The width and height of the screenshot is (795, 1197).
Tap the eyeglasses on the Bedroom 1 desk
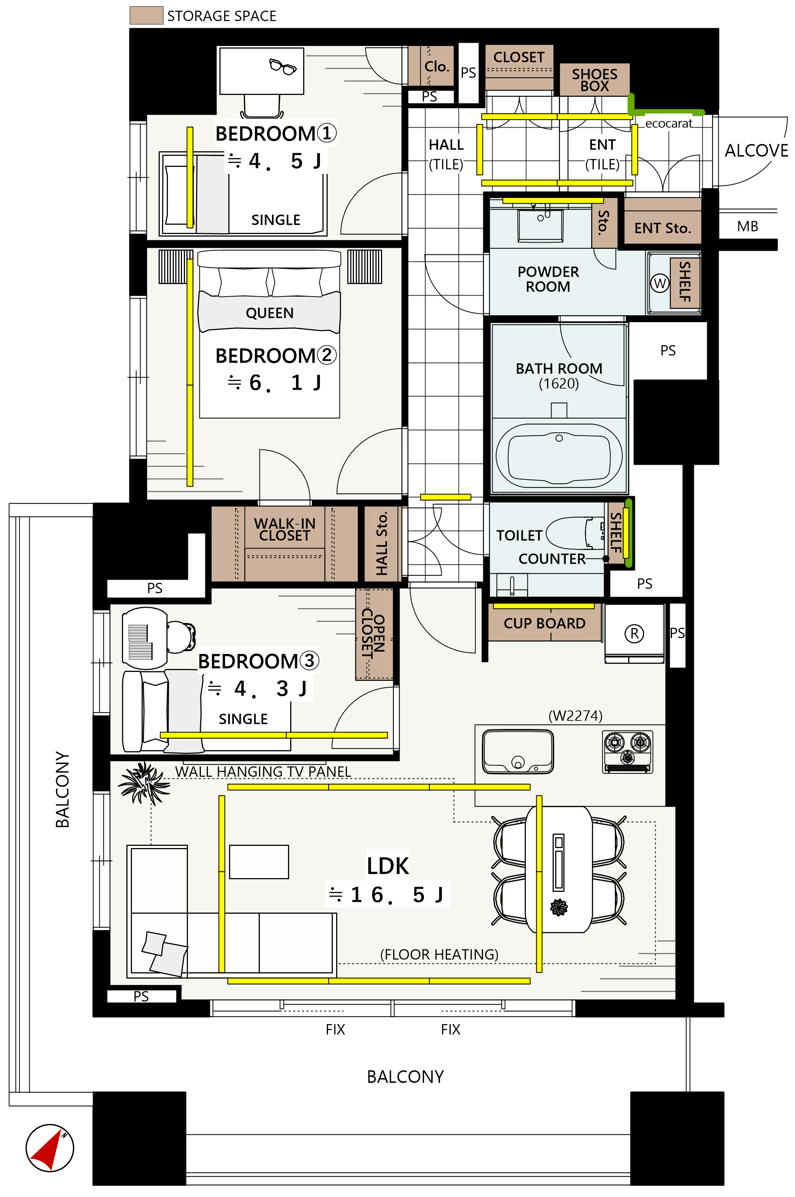click(282, 66)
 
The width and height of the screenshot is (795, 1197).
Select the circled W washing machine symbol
click(660, 283)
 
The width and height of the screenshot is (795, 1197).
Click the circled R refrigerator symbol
click(634, 633)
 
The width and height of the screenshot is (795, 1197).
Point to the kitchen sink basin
click(518, 752)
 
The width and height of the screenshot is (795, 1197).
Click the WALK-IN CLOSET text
click(284, 530)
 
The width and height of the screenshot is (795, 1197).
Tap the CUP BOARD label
click(544, 623)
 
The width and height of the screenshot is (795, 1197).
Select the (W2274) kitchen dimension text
click(576, 716)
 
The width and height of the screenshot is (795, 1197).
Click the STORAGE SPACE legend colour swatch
click(146, 15)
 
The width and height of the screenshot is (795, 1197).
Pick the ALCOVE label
click(756, 151)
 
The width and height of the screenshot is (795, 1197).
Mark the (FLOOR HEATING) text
click(439, 954)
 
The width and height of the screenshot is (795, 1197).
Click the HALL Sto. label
click(382, 543)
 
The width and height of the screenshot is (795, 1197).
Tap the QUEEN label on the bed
click(270, 313)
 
